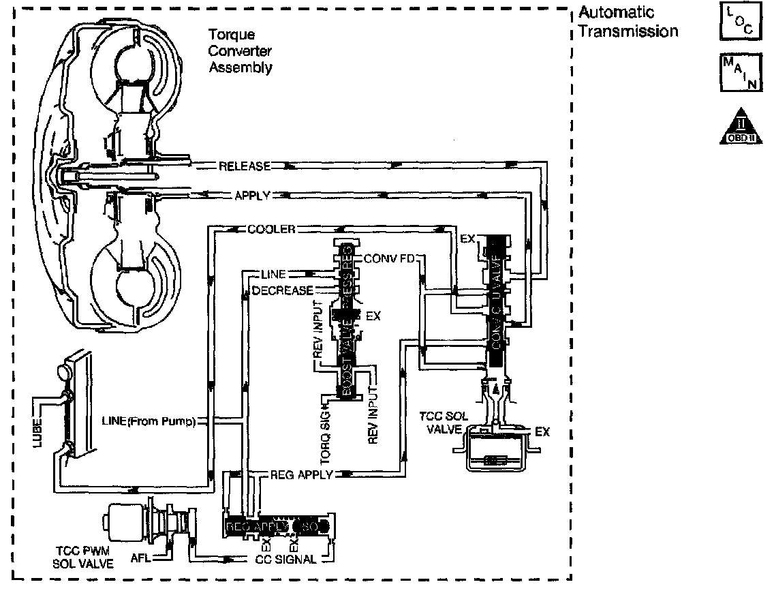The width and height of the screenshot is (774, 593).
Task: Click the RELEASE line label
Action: point(244,166)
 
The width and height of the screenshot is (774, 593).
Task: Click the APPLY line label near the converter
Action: point(253,196)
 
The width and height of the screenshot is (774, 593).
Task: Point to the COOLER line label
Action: point(271,230)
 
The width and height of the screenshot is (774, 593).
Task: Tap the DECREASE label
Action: point(283,291)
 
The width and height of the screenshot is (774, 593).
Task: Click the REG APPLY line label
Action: point(300,474)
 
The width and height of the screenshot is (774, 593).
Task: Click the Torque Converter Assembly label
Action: point(241,50)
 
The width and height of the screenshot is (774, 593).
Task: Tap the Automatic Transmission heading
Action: point(628,22)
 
